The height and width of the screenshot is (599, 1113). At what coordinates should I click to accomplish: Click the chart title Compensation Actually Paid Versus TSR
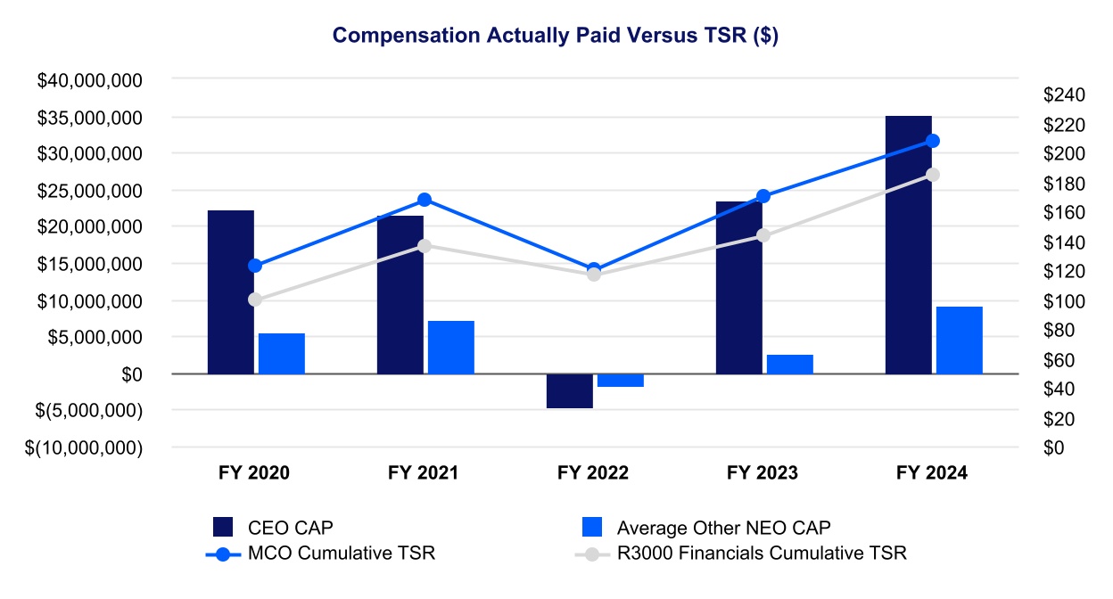click(556, 35)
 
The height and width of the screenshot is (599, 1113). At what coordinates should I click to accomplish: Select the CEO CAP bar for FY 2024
click(908, 245)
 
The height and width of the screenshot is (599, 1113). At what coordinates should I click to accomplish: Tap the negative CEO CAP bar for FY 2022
click(569, 391)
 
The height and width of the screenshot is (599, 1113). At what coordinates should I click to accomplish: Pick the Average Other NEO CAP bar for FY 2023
click(789, 365)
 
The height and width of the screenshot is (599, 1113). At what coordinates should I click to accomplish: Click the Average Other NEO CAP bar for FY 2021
click(450, 347)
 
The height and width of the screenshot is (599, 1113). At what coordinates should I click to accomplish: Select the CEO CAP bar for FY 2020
click(230, 291)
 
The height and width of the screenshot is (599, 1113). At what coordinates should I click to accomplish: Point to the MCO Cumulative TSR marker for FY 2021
click(425, 200)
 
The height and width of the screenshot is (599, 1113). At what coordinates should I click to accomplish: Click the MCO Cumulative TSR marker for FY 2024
click(933, 141)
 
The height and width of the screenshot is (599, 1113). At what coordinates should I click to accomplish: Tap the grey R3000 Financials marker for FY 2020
click(255, 299)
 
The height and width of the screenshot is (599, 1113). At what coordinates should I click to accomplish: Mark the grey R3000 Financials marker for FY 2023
click(763, 235)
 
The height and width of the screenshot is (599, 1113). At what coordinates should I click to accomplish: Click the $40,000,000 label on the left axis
click(90, 80)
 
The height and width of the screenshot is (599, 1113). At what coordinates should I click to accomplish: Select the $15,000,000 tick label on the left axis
click(90, 264)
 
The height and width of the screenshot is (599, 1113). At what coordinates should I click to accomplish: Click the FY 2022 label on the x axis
click(593, 473)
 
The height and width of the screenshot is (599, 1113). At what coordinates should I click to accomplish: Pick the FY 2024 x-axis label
click(932, 473)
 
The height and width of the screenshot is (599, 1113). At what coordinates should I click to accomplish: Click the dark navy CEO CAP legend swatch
click(223, 527)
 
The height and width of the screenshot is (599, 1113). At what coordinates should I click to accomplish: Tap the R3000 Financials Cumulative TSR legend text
click(762, 553)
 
